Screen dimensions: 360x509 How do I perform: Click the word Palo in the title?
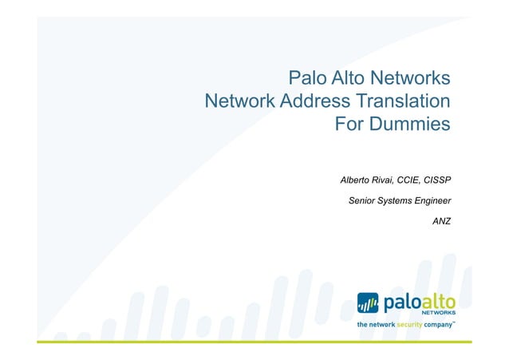[x=306, y=77]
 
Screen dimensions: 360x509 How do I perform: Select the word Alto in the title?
[x=345, y=77]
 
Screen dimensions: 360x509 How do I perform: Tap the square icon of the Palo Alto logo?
[x=368, y=303]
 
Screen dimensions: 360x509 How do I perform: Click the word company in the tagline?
[x=438, y=326]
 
